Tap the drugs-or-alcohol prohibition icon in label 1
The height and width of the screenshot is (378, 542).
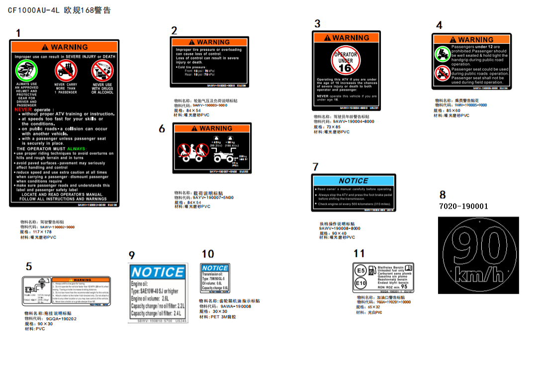point(102,71)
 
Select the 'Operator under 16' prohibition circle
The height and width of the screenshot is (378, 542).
point(346,61)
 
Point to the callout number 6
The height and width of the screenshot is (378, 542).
point(162,129)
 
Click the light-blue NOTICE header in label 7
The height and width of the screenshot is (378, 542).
point(353,181)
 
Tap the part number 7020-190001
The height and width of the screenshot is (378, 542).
point(463,206)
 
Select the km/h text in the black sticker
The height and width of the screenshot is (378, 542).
point(478,274)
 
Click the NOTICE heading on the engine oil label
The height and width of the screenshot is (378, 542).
point(158,272)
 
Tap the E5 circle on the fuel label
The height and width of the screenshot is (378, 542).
point(361,271)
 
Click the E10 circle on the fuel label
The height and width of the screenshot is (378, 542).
point(361,283)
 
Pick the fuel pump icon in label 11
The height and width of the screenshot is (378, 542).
point(372,272)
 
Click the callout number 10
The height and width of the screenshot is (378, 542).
point(208,254)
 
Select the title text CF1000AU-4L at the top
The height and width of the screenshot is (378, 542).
point(34,10)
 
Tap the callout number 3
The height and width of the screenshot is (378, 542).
point(318,23)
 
